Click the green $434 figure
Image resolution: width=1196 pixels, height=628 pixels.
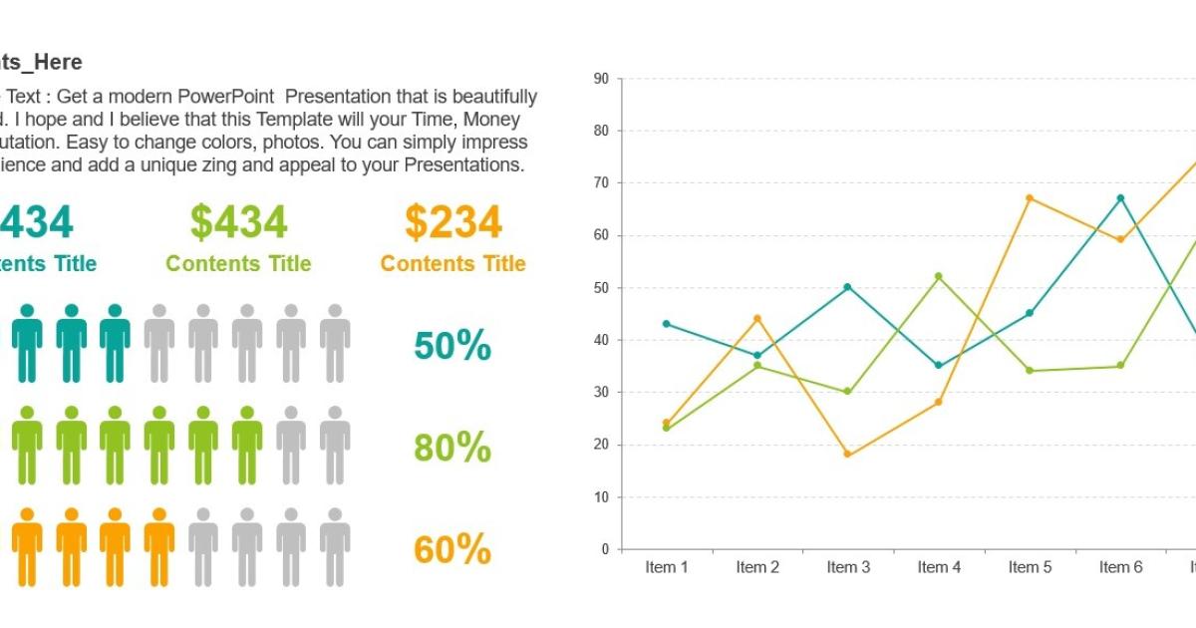click(238, 222)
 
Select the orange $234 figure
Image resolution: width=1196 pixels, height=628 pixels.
click(452, 222)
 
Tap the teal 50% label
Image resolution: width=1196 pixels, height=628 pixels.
click(452, 346)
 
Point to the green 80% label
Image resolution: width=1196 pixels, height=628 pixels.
click(452, 449)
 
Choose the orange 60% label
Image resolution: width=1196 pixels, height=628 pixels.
click(452, 550)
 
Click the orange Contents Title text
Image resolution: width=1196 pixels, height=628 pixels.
click(452, 264)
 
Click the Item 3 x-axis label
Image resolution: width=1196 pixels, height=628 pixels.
click(848, 567)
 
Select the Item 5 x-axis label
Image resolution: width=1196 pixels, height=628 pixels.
click(1030, 567)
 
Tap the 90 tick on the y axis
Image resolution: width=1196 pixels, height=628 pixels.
click(600, 78)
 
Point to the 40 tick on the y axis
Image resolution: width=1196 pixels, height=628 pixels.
click(600, 340)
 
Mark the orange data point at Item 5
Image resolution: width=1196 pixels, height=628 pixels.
click(1030, 198)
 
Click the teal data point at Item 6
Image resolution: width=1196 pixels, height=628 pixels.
click(1120, 198)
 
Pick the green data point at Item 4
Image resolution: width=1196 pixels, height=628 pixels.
click(939, 276)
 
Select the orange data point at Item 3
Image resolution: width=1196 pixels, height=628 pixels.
click(848, 455)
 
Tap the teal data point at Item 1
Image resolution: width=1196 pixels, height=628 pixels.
click(666, 324)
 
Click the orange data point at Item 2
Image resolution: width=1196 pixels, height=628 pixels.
click(757, 319)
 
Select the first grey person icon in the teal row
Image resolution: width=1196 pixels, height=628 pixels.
click(159, 343)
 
